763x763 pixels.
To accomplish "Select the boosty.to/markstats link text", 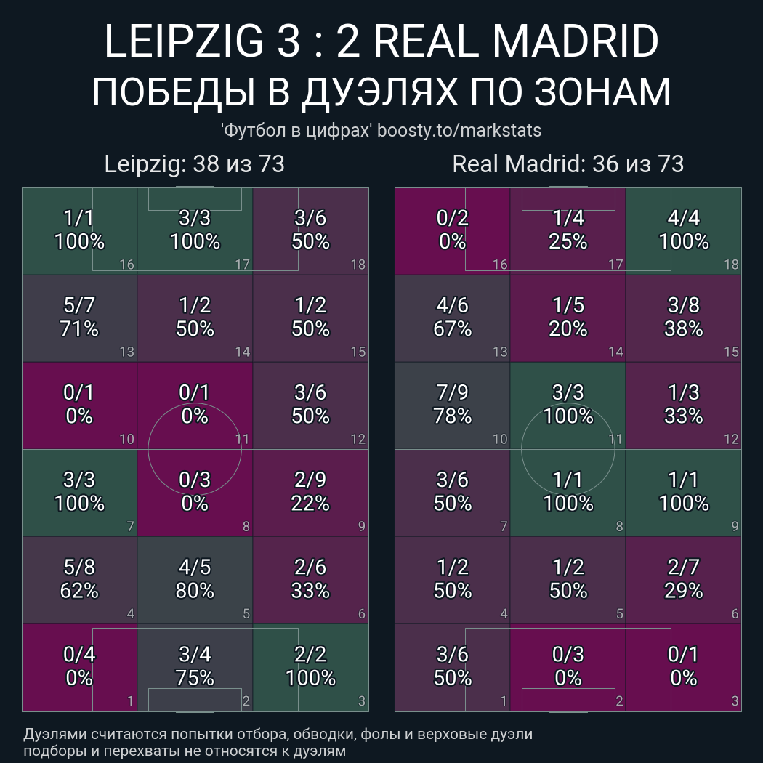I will (x=459, y=131).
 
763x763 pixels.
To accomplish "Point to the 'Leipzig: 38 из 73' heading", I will (x=194, y=164).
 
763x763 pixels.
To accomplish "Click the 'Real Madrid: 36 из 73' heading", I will (x=568, y=164).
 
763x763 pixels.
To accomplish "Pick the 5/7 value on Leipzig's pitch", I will (x=79, y=306).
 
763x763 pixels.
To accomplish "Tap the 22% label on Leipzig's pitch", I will (x=310, y=504).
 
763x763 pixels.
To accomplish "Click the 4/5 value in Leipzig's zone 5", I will (x=195, y=568).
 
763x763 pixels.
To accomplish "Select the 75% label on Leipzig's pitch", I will (x=195, y=678).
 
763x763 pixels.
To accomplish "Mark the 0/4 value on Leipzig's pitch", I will (x=79, y=655).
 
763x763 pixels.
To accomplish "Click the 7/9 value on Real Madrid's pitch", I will (x=453, y=393).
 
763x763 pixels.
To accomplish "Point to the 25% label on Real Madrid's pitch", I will (x=568, y=241).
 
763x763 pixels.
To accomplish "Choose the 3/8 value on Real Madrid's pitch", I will (x=684, y=306).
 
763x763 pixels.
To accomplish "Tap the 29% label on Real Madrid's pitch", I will (x=684, y=591).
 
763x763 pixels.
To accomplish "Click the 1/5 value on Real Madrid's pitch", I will (x=568, y=306).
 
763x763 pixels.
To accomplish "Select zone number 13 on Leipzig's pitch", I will (x=126, y=352).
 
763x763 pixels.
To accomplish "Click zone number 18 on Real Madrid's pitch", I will (x=731, y=265).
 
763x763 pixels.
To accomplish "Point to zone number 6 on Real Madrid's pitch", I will (x=735, y=614).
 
